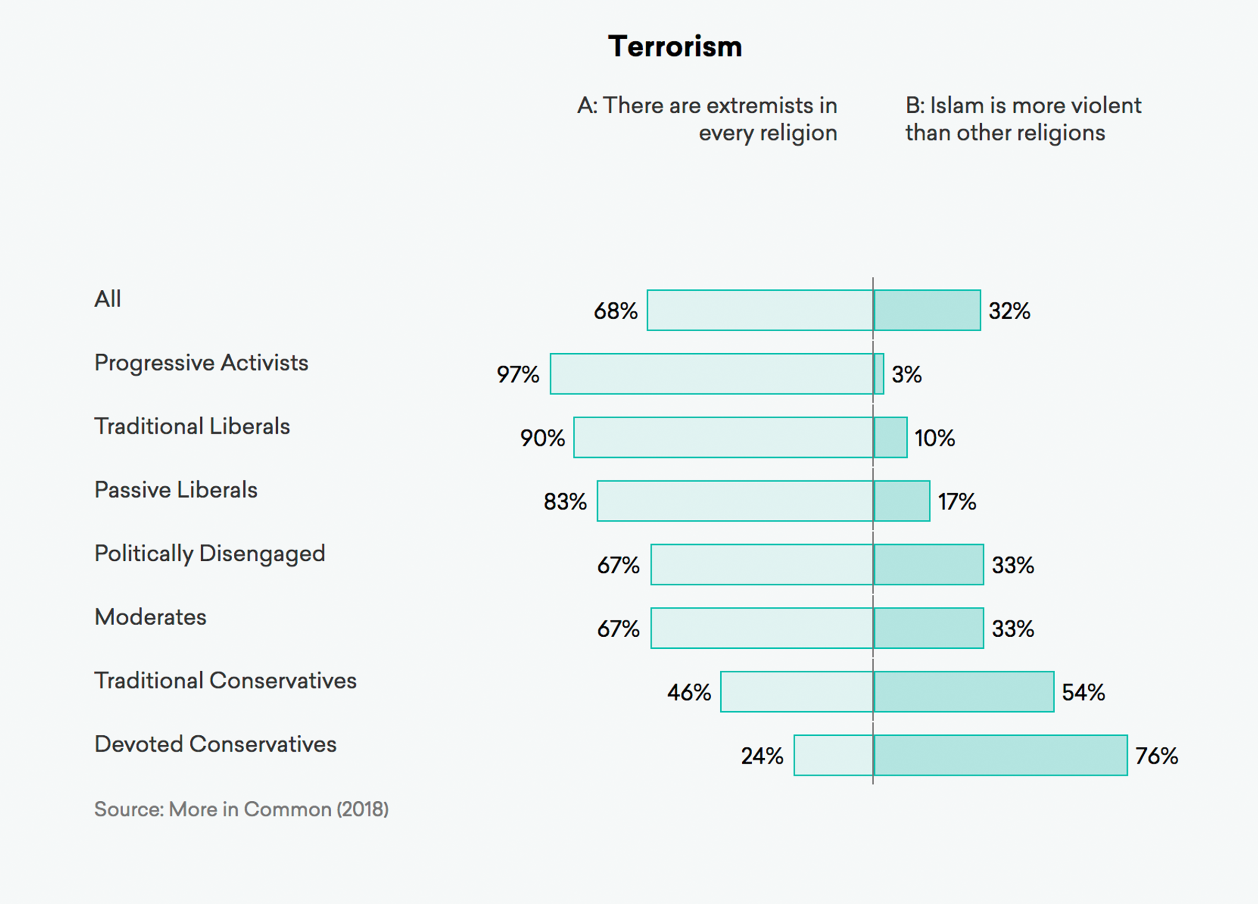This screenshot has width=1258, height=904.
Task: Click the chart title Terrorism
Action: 675,46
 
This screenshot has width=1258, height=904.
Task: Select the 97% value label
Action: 517,374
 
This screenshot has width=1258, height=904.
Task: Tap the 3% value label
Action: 906,374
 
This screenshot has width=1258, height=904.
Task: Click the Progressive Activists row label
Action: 201,363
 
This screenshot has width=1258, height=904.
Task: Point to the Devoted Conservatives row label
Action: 215,744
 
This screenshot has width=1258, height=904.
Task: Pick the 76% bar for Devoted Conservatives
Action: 1001,755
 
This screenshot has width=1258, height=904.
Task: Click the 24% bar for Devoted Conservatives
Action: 833,755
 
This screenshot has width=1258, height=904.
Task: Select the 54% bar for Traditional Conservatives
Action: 964,692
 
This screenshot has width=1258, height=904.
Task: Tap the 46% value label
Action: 689,692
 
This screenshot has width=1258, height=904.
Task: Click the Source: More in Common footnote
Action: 241,809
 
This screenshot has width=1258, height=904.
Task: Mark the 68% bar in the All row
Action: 760,310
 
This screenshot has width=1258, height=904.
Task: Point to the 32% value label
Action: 1009,311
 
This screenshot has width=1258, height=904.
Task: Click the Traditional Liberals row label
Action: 192,427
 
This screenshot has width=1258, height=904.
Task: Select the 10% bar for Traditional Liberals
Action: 891,438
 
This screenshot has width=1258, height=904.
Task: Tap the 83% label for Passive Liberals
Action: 565,502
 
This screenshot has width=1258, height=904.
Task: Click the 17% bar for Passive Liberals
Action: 902,501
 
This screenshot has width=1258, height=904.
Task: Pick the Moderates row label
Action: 150,617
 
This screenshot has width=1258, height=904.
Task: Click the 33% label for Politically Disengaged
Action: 1013,565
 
